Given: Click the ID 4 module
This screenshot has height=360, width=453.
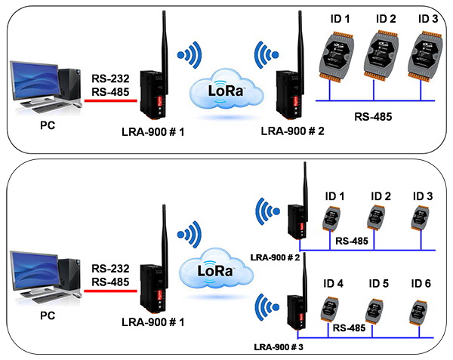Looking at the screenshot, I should pos(330,309).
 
